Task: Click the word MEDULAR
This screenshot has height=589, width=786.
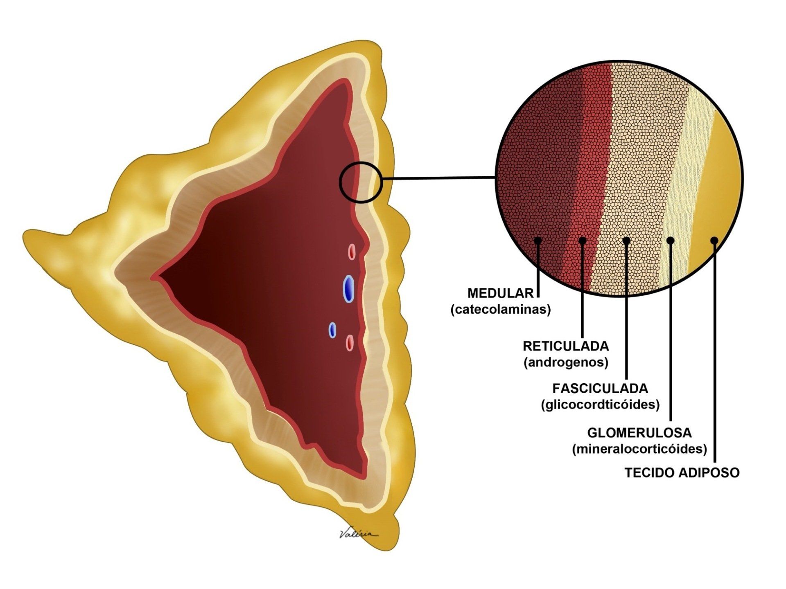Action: coord(500,293)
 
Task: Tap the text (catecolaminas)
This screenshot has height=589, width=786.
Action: coord(500,310)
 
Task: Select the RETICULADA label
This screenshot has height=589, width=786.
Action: coord(566,346)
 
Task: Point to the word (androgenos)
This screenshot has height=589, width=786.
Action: coord(566,362)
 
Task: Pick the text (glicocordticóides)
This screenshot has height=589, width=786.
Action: coord(600,405)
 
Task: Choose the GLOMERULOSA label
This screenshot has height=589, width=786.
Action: coord(639,432)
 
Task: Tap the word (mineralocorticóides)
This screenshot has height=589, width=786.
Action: coord(639,449)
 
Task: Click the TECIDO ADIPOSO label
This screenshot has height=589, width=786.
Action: coord(682,473)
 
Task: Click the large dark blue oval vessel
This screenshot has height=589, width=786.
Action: coord(348,288)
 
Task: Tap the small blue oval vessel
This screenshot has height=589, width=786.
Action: coord(333,330)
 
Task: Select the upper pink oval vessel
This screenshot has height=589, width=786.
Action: coord(352,252)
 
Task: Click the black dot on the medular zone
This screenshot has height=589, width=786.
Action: coord(538,240)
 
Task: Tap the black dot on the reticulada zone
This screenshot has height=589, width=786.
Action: coord(583,240)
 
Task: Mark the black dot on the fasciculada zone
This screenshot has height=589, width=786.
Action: coord(626,240)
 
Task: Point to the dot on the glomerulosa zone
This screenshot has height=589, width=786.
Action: coord(670,240)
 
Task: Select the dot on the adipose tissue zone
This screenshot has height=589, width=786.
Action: coord(714,240)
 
